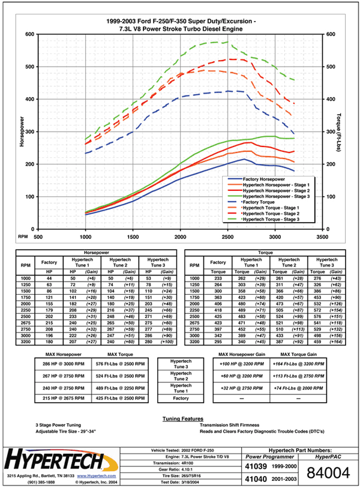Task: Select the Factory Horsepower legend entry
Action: [x=264, y=179]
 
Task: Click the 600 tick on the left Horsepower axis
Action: [x=29, y=34]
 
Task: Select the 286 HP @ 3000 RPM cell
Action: [x=62, y=364]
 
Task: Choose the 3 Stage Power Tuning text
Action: [x=61, y=425]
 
